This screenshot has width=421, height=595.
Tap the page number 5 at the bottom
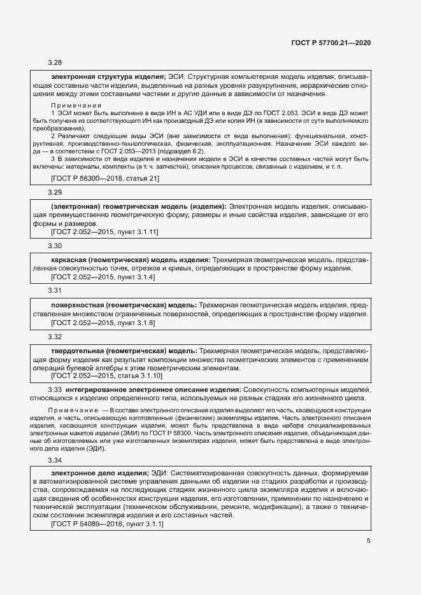[x=369, y=541]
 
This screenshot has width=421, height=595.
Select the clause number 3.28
[x=55, y=62]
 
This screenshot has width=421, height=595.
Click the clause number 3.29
[x=55, y=192]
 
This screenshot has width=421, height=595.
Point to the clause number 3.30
[x=55, y=246]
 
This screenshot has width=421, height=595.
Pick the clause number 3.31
[x=55, y=290]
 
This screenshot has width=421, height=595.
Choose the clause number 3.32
[x=55, y=336]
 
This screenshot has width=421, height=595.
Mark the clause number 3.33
[x=55, y=389]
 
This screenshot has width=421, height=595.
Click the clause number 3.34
[x=55, y=459]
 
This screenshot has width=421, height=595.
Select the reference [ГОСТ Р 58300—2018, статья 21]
[x=104, y=179]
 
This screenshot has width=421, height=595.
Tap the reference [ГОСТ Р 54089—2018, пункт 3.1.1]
[x=107, y=524]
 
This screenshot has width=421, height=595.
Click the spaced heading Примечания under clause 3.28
[x=76, y=104]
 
